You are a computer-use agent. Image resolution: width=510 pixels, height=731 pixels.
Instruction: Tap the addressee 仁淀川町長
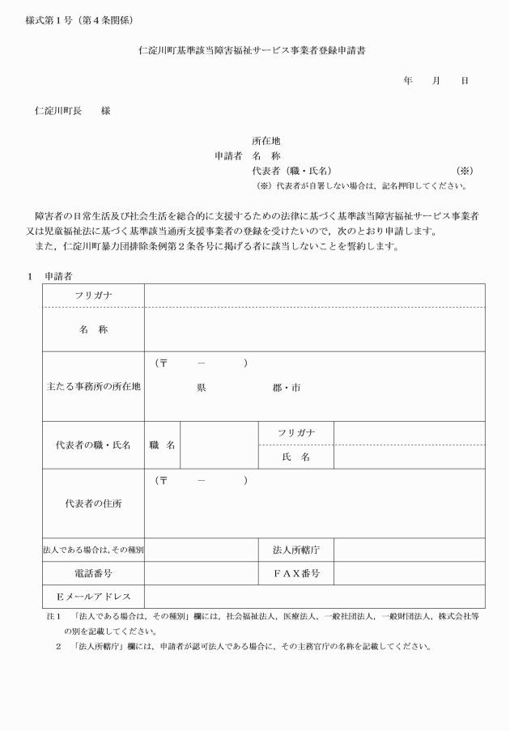58,111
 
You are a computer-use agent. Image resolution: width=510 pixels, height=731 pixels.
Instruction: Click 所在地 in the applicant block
266,140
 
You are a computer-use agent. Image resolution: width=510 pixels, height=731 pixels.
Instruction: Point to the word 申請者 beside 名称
228,155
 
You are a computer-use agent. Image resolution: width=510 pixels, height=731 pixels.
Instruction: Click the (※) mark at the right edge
464,171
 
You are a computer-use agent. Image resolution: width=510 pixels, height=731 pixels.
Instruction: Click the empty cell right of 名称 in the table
314,329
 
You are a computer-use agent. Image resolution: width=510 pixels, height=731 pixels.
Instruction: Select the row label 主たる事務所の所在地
93,387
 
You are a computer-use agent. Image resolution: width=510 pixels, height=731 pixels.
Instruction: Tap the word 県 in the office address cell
202,388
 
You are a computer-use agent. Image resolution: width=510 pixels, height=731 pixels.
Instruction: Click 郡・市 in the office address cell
287,388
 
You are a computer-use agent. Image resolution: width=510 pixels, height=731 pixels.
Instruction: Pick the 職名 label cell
162,445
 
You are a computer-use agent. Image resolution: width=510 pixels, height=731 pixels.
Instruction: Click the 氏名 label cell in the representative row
295,457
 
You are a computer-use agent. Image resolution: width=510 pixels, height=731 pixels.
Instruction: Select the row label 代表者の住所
93,503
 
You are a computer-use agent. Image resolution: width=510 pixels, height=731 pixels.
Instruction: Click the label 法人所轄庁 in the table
295,550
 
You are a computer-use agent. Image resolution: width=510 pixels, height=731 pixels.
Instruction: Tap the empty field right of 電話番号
201,573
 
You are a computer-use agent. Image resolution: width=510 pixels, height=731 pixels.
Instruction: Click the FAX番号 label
295,573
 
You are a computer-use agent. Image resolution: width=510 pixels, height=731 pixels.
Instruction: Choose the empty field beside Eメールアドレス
314,597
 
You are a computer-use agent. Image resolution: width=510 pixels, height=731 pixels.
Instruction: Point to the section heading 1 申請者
50,276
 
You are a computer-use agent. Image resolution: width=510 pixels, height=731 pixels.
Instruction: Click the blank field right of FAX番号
409,573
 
